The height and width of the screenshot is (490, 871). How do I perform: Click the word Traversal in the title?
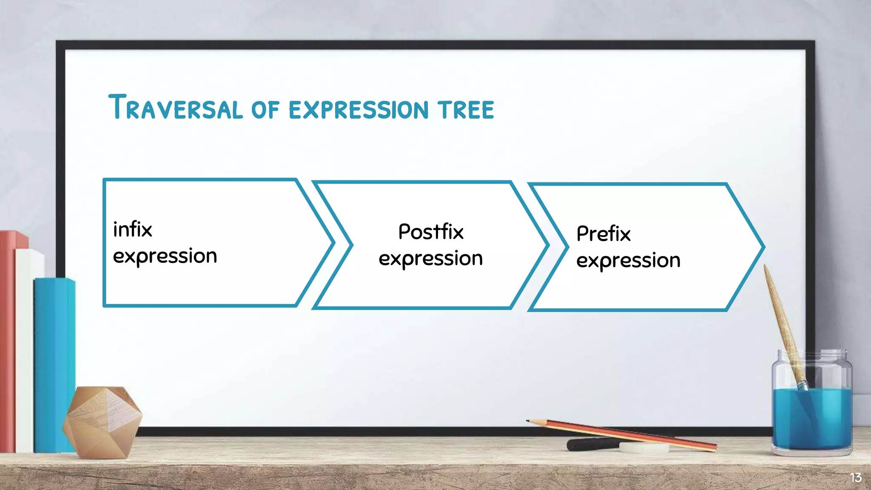point(175,108)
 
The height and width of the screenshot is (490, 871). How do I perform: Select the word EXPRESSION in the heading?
point(359,110)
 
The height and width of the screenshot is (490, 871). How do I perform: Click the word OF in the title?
point(265,110)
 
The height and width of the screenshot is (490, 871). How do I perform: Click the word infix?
point(133,230)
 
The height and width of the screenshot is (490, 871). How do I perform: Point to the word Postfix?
point(431,232)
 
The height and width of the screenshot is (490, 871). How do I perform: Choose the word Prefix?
point(603,234)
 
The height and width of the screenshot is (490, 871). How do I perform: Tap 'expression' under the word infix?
point(165,256)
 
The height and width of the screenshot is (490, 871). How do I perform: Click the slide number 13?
point(856,478)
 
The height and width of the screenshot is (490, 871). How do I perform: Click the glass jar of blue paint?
point(811,408)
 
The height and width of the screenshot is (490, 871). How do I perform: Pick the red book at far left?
point(8,340)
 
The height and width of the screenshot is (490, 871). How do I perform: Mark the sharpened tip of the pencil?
point(529,421)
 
